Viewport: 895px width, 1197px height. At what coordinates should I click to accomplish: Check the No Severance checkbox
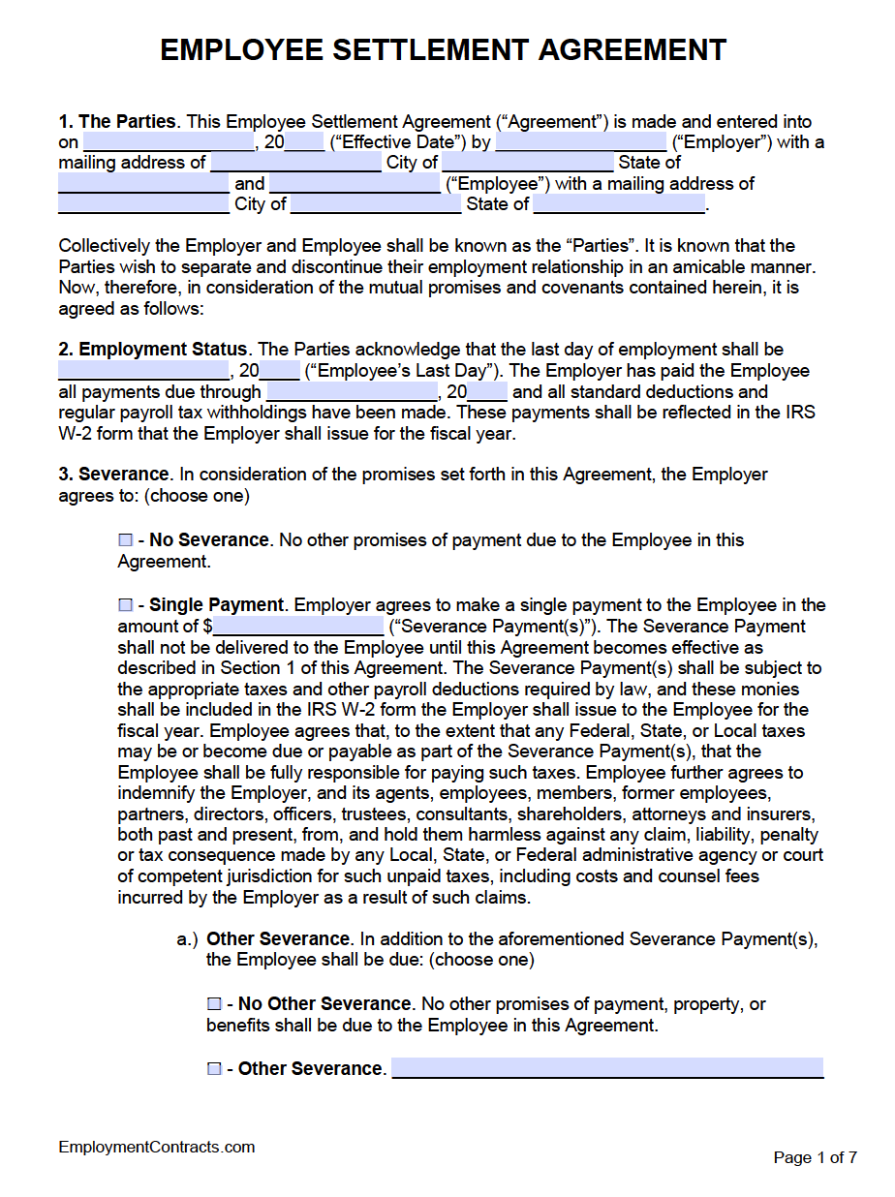(x=125, y=540)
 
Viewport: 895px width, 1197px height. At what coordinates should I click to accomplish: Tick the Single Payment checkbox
(x=125, y=605)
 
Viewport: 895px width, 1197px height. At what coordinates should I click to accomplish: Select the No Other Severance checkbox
(x=214, y=1004)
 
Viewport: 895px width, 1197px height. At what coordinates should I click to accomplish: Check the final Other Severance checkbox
(x=214, y=1069)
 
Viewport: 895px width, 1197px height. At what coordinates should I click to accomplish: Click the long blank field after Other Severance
(x=607, y=1068)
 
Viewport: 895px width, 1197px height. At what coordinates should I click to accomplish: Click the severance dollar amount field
(x=298, y=627)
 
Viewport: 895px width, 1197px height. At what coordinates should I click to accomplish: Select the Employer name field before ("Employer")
(x=580, y=143)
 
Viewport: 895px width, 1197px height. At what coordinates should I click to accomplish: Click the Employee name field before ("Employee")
(x=355, y=184)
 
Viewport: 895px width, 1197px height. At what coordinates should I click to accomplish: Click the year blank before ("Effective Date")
(x=305, y=143)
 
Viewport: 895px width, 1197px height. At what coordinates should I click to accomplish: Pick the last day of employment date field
(x=143, y=371)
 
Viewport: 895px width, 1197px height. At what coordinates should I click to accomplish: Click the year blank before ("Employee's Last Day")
(x=281, y=371)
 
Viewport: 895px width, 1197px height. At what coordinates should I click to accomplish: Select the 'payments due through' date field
(x=352, y=392)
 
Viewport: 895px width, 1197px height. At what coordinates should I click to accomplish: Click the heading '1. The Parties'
(x=117, y=122)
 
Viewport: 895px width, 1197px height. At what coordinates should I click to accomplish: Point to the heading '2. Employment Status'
(x=153, y=350)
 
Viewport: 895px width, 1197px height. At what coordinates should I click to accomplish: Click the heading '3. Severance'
(x=113, y=475)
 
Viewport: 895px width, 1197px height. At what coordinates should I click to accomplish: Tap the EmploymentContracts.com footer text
(x=157, y=1148)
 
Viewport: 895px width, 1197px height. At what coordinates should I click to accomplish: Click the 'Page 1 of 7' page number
(x=815, y=1157)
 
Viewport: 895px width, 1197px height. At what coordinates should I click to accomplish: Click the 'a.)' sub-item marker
(x=187, y=939)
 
